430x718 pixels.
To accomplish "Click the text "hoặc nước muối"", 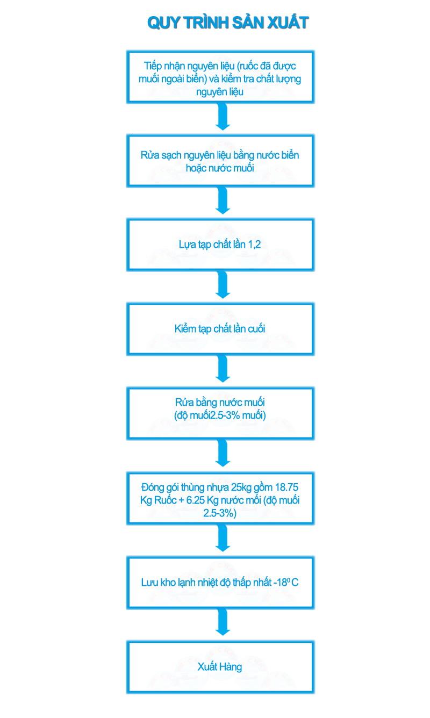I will (x=221, y=168).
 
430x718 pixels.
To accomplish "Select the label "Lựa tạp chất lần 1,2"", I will (x=221, y=245).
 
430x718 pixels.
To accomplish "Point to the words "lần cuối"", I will (x=247, y=328).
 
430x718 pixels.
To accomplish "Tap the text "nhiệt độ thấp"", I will (x=231, y=583).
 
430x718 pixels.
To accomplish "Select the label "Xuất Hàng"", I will (x=220, y=667).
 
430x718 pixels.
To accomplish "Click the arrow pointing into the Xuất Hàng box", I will (x=221, y=623).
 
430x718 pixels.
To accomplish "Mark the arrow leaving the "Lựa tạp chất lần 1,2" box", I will (x=221, y=285).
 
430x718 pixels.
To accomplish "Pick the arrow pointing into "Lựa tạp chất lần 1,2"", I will (x=221, y=202).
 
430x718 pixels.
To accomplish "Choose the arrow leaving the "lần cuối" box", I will (x=221, y=370).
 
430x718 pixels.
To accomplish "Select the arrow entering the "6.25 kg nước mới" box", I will (x=221, y=454).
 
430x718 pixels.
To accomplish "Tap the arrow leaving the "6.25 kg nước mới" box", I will (x=221, y=539).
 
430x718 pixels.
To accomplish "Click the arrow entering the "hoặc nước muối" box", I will (x=221, y=118).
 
